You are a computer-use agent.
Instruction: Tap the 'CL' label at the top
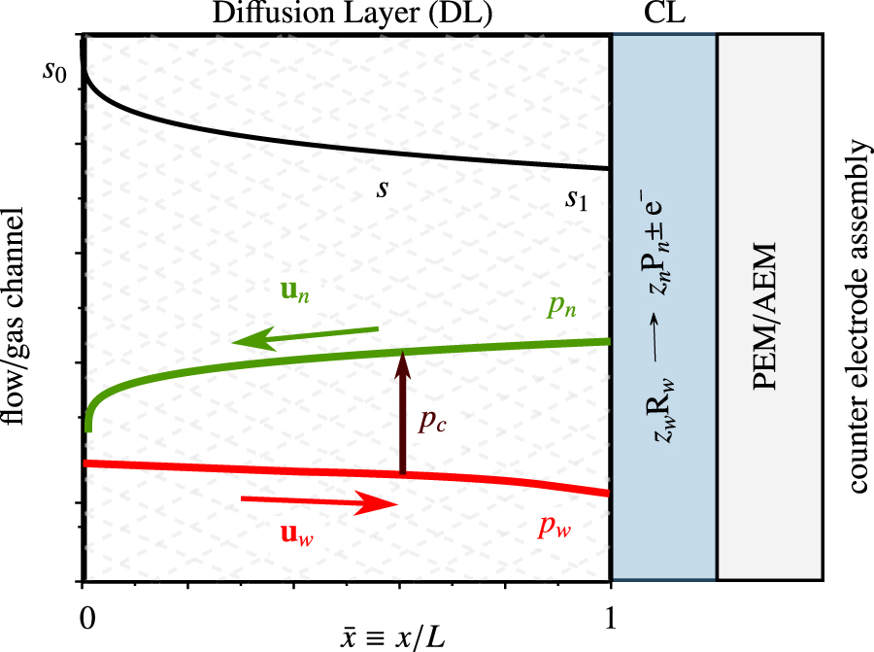(662, 15)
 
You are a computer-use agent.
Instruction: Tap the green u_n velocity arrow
(304, 336)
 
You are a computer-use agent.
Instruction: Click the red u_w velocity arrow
(319, 502)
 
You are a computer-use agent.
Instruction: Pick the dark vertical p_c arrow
(401, 413)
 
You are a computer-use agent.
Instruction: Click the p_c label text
(433, 426)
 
